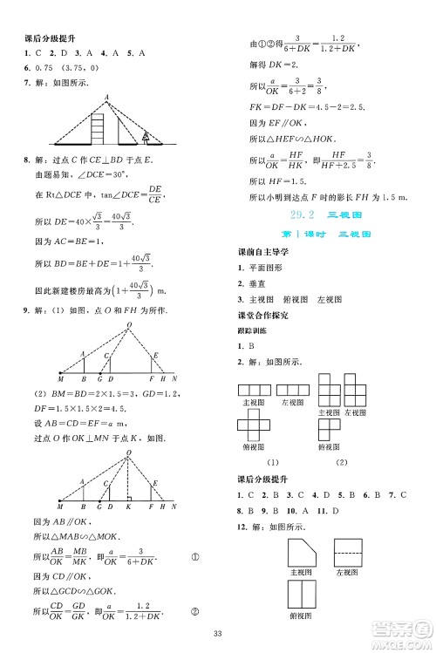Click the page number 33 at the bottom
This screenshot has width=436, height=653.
pyautogui.click(x=217, y=634)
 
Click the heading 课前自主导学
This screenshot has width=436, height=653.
pyautogui.click(x=258, y=253)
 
